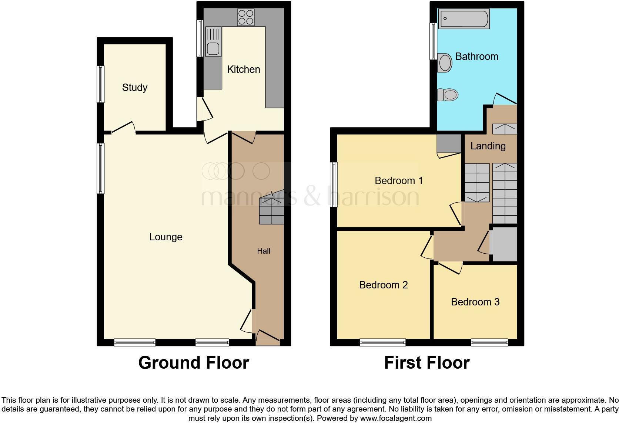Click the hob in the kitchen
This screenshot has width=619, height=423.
[246, 17]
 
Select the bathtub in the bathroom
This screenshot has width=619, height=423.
[464, 18]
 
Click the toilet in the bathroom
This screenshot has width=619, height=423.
[447, 95]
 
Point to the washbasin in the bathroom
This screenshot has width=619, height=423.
[445, 63]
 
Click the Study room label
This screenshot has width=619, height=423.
[135, 88]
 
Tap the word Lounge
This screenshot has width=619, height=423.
[165, 237]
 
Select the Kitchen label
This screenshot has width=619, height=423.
[243, 70]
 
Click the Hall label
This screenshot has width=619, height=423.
[264, 251]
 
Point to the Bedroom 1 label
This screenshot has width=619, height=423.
[398, 181]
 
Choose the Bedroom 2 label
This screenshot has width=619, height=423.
[383, 285]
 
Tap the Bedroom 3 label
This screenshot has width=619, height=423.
[475, 302]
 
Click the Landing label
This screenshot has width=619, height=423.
[488, 146]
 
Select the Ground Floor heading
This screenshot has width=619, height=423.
[193, 363]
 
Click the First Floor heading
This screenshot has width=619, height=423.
[426, 363]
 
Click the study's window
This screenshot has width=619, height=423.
[100, 84]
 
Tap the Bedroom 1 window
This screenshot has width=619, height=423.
[334, 184]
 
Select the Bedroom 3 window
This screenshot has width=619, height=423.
[489, 342]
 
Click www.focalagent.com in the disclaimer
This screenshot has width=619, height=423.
[395, 419]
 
